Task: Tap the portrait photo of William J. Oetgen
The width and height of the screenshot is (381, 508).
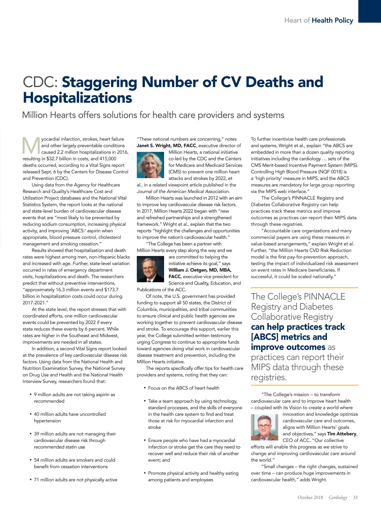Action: click(150, 269)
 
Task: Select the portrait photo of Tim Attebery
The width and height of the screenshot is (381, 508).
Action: click(264, 427)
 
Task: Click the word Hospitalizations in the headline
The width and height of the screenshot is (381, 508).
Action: click(77, 97)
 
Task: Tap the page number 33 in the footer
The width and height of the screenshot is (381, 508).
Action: click(355, 498)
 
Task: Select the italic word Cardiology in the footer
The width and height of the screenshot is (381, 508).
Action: click(338, 498)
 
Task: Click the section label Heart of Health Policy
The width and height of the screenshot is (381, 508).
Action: click(318, 21)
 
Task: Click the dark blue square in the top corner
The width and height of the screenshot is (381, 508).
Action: click(369, 11)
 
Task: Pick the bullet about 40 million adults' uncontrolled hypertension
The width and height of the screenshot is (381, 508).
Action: click(70, 418)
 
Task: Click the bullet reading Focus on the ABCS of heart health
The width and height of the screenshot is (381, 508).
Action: click(183, 388)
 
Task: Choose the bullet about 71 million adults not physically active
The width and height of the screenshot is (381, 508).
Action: click(75, 480)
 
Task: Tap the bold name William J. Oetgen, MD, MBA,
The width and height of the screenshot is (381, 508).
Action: click(200, 270)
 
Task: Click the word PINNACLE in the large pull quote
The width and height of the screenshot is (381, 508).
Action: click(324, 297)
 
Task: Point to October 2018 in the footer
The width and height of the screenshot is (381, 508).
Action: click(310, 498)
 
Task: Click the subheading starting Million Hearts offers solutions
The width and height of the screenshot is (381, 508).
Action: click(153, 115)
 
